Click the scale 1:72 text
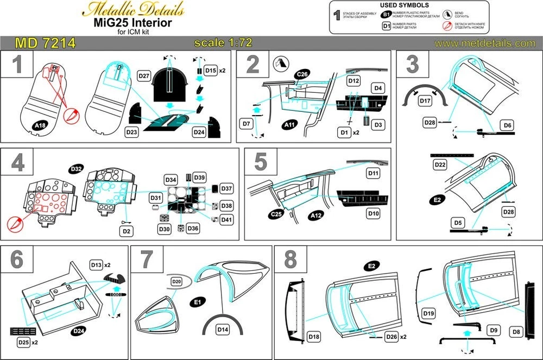pos(223,43)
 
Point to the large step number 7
pos(147,260)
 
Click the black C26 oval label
pos(302,74)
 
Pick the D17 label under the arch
pos(424,101)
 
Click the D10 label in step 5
pos(374,214)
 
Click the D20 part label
pos(176,282)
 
